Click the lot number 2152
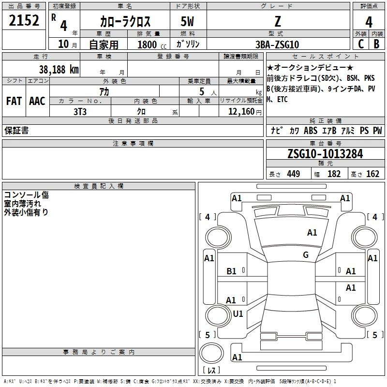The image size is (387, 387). click(24, 20)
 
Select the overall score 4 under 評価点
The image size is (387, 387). click(369, 22)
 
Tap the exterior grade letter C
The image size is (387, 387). click(361, 44)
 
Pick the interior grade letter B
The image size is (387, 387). click(376, 44)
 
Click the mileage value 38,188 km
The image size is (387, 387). click(59, 70)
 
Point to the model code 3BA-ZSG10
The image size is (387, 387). click(277, 45)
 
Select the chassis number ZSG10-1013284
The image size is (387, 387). click(325, 154)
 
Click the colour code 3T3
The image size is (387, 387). click(80, 112)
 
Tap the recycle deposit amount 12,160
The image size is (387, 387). click(241, 112)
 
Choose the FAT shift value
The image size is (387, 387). click(14, 101)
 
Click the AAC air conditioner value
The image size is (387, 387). click(37, 101)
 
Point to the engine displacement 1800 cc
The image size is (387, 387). click(152, 45)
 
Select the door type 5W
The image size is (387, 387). click(187, 21)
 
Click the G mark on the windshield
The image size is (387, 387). click(306, 255)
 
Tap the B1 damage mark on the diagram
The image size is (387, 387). click(231, 271)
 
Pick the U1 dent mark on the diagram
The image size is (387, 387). click(238, 313)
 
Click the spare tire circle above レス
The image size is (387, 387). click(211, 353)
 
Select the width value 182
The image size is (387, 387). click(334, 174)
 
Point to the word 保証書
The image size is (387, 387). click(16, 131)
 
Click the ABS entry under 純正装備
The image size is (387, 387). click(311, 131)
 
